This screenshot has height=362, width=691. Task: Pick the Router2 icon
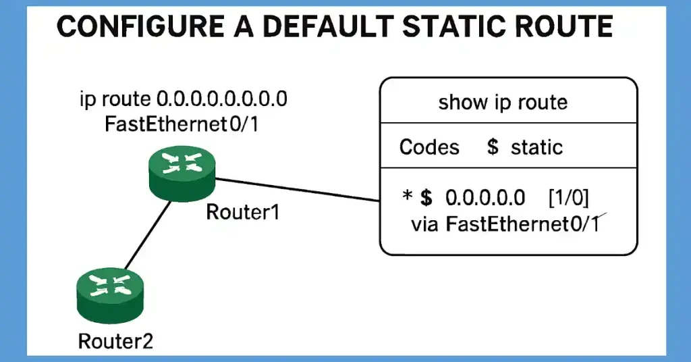pos(111,295)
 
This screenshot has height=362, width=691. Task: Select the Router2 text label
pos(116,341)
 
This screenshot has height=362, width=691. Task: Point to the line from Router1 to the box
pos(297,189)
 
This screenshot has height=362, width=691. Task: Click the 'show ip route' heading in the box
pos(503,103)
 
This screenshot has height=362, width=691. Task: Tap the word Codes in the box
pos(429,147)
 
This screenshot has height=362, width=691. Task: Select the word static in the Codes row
pos(536,147)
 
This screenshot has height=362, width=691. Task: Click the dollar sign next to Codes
pos(493,147)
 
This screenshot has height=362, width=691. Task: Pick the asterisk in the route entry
pos(407,197)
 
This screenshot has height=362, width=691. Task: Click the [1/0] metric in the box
pos(568,197)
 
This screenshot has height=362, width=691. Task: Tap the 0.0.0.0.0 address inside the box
pos(485,197)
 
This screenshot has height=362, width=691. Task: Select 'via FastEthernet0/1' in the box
pos(505,224)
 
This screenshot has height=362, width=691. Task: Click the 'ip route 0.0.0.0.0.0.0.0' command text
pos(184,99)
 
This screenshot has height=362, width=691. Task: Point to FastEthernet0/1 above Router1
pos(181,125)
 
